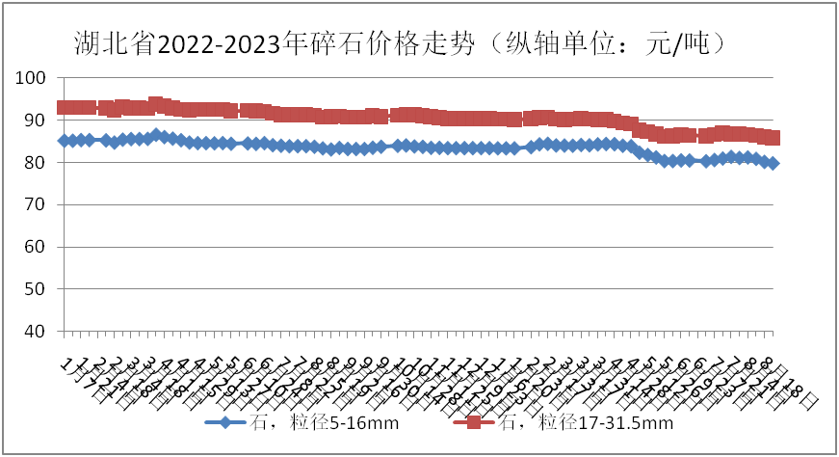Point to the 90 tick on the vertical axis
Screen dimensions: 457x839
(x=36, y=121)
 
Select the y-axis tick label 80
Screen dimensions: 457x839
(x=36, y=163)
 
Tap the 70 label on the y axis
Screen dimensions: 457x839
(x=36, y=204)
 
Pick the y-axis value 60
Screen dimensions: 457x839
(x=36, y=247)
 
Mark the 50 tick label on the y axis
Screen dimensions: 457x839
(x=36, y=289)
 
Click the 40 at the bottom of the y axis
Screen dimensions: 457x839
(x=36, y=331)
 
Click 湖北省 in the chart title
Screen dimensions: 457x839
(x=114, y=43)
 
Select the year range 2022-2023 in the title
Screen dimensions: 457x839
(x=223, y=43)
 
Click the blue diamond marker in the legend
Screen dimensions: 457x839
(x=224, y=422)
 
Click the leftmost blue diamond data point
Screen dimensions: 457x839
(x=65, y=141)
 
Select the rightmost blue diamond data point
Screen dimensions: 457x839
(x=773, y=164)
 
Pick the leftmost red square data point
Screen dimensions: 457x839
(x=64, y=108)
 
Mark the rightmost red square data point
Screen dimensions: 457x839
(x=773, y=138)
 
